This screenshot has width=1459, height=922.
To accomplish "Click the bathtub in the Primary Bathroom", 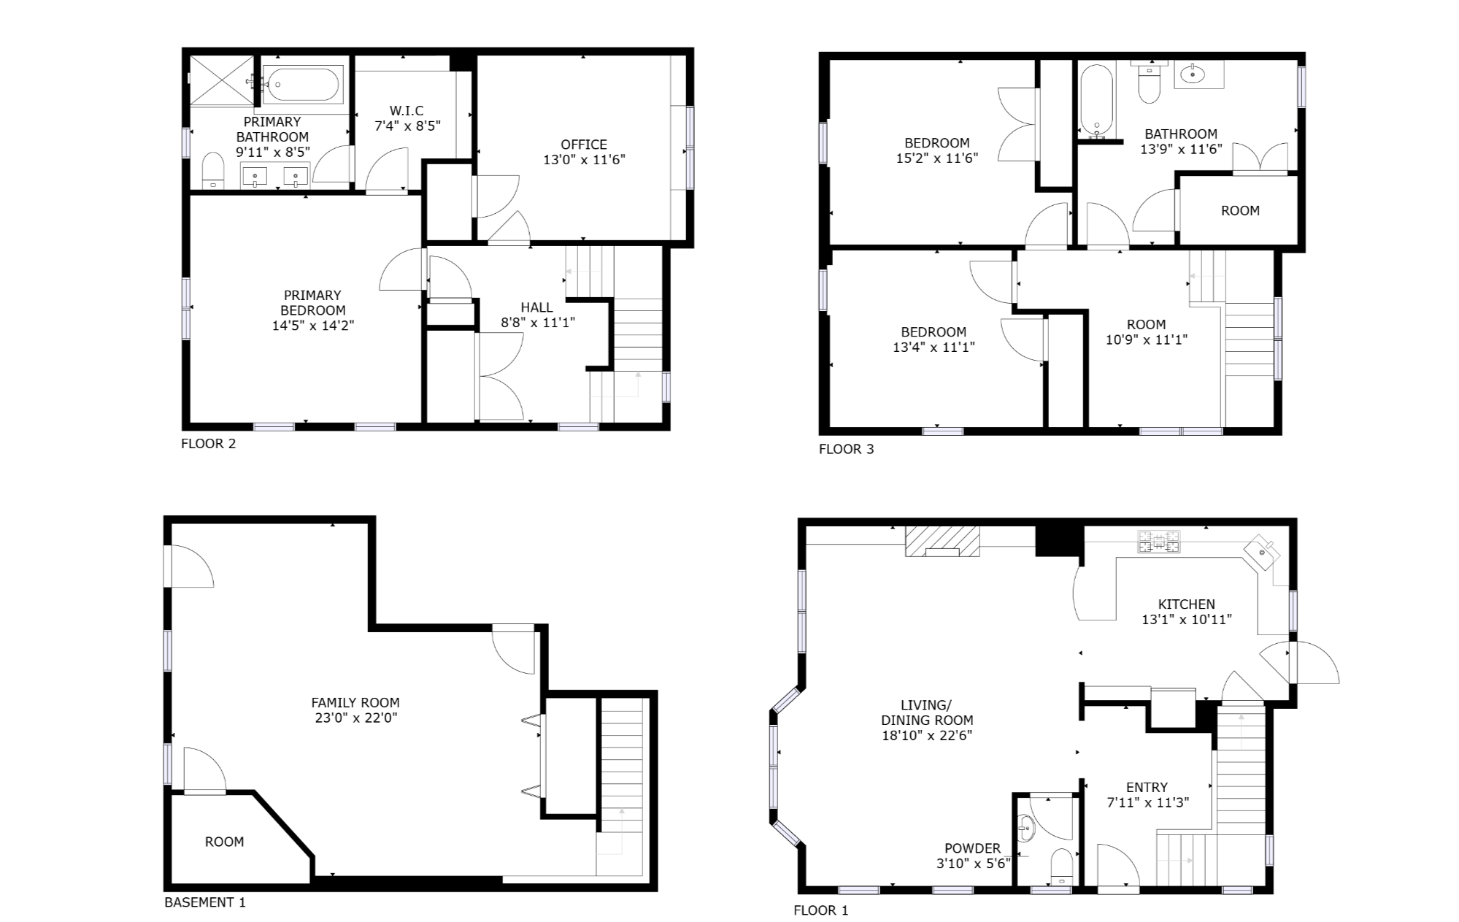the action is click(301, 85).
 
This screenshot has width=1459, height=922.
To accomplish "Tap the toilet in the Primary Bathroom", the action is click(212, 170).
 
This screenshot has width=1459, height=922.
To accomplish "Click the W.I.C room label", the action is click(407, 111).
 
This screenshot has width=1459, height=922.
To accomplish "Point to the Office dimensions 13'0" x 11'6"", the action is click(584, 160).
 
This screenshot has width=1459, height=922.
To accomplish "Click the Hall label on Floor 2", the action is click(536, 307).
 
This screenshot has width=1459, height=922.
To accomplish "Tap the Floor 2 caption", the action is click(209, 443).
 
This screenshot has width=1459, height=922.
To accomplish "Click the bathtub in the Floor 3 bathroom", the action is click(1096, 101).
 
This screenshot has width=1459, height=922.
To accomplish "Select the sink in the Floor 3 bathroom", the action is click(1193, 73).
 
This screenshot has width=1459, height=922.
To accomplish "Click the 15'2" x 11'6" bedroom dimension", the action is click(936, 158).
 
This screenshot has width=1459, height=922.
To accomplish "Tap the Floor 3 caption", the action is click(846, 449).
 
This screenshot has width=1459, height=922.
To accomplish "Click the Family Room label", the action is click(355, 702).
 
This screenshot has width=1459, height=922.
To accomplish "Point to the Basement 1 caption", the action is click(205, 902).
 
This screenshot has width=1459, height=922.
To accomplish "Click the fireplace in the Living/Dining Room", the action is click(942, 541).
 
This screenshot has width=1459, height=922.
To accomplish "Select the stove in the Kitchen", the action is click(1158, 542).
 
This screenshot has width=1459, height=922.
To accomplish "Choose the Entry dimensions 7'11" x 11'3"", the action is click(1147, 802).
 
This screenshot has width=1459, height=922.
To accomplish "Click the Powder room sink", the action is click(1028, 829).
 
